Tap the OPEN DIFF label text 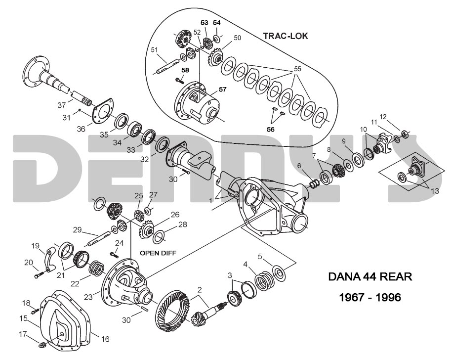pos(158,252)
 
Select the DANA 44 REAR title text pos(370,275)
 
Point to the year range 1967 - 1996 pos(370,298)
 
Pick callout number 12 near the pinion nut pos(383,117)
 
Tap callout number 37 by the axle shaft pos(61,105)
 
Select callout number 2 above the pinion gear pos(199,289)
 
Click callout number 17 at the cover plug pos(23,334)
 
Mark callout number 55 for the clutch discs pos(297,69)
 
